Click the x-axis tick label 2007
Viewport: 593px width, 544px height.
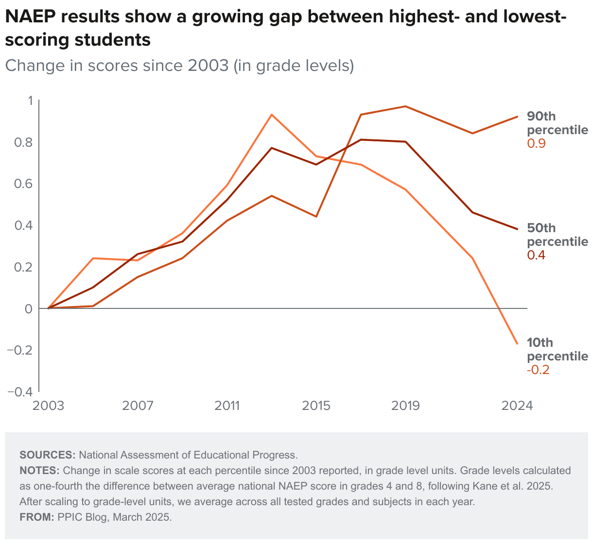click(138, 405)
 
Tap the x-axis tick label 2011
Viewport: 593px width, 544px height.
click(227, 405)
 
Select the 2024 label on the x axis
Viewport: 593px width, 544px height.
click(517, 405)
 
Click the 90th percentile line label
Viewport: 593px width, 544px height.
click(557, 123)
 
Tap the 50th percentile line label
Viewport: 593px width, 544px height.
click(557, 235)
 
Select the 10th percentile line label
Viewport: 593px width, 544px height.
click(557, 349)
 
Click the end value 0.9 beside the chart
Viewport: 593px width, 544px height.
click(536, 144)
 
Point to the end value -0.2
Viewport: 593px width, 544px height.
click(538, 370)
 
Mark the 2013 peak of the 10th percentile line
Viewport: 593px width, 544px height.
click(272, 115)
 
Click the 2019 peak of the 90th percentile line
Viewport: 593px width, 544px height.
click(405, 106)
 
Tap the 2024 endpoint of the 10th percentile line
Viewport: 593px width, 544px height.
click(517, 344)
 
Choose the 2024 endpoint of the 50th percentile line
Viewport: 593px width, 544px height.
click(517, 229)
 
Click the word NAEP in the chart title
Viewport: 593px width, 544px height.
click(30, 17)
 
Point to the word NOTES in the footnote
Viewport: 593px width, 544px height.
click(39, 471)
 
